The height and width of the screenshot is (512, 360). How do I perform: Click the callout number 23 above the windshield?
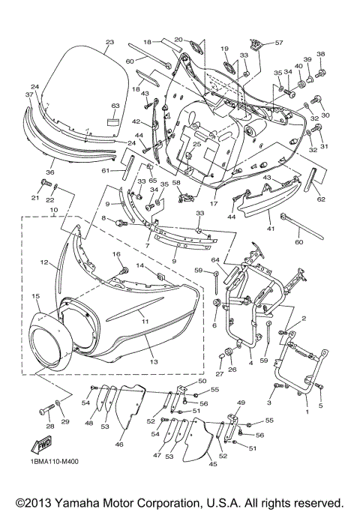[x=109, y=42]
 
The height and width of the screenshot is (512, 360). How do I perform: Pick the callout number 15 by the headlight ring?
[x=35, y=297]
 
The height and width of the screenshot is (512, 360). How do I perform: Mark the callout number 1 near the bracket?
[x=306, y=411]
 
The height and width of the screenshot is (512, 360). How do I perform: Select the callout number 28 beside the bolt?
[x=49, y=426]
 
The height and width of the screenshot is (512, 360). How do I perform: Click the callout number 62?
[x=322, y=199]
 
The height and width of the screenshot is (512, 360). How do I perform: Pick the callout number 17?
[x=214, y=203]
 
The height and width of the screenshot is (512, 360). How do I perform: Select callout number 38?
[x=321, y=55]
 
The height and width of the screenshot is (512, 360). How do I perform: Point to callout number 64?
[x=216, y=260]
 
